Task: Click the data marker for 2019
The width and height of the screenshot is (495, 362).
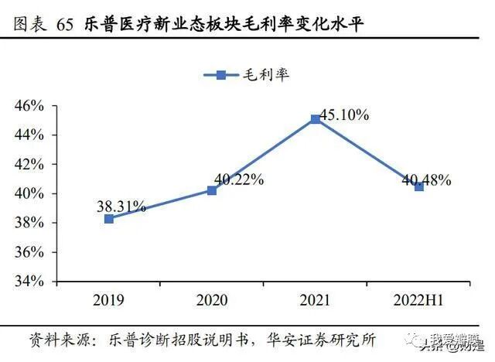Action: [x=109, y=219]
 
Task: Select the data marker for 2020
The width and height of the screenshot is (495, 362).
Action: [x=212, y=190]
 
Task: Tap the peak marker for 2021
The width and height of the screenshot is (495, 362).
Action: [x=315, y=119]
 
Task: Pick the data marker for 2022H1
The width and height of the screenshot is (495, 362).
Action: [x=418, y=186]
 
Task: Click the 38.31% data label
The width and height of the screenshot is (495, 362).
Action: [x=121, y=206]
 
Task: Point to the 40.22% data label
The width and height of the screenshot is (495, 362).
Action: [x=239, y=179]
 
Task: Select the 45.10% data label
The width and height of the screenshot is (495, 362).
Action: [x=343, y=114]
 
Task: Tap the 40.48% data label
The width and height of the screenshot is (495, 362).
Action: [x=426, y=179]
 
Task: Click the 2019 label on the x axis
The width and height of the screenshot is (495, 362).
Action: [x=109, y=299]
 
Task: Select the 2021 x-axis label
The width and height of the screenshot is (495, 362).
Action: [x=315, y=299]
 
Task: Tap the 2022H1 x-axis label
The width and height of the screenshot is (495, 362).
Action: [x=418, y=299]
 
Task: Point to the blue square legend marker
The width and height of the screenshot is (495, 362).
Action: [x=220, y=75]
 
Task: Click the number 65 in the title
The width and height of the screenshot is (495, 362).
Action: [x=66, y=26]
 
